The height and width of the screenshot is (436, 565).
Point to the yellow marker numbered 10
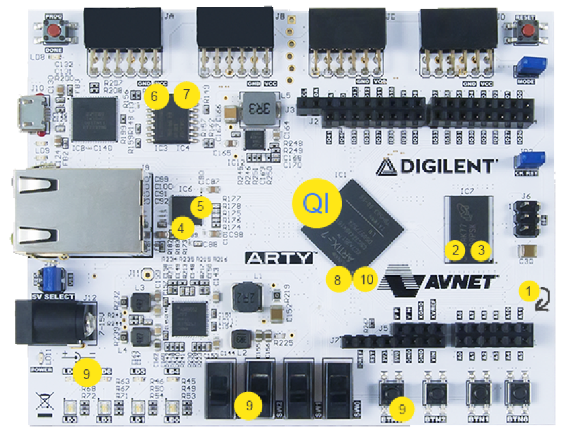click(365, 279)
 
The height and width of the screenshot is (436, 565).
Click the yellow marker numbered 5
click(200, 206)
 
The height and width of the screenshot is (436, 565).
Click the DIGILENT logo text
click(437, 165)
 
